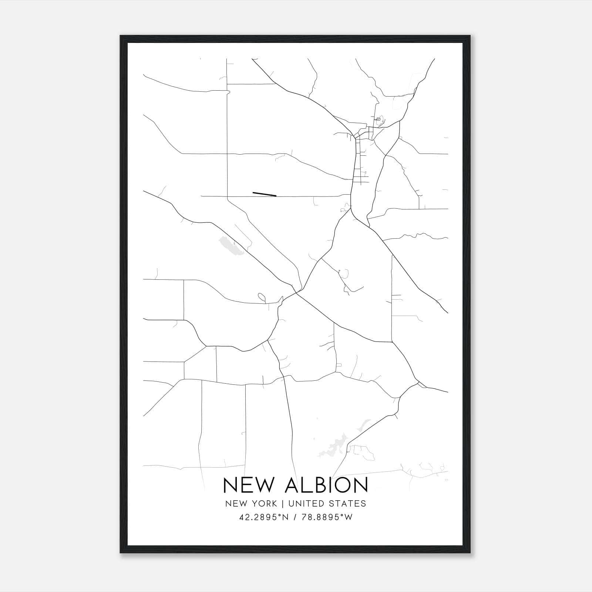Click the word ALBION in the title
click(326, 485)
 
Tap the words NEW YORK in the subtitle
click(250, 504)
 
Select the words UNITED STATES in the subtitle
click(327, 504)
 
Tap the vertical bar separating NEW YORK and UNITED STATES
click(282, 504)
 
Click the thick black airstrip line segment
click(264, 194)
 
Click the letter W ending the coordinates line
click(348, 517)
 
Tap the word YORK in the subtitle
click(265, 504)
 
